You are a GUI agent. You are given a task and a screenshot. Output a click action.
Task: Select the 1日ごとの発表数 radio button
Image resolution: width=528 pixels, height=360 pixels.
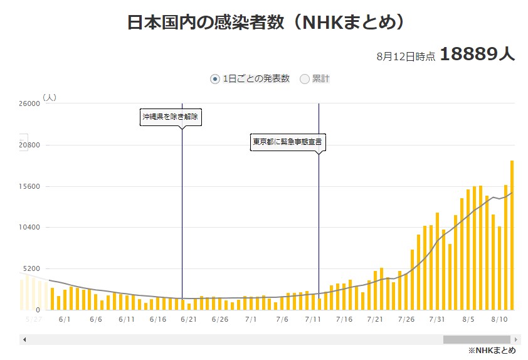click(215, 79)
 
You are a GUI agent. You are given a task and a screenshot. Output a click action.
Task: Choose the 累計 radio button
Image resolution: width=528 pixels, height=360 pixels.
click(305, 79)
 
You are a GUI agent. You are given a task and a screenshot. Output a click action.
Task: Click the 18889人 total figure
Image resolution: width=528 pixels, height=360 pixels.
click(477, 54)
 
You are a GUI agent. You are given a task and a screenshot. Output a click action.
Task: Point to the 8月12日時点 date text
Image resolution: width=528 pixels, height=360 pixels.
click(406, 56)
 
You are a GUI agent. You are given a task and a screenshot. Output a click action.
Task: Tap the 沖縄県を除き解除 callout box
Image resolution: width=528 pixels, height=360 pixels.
click(171, 117)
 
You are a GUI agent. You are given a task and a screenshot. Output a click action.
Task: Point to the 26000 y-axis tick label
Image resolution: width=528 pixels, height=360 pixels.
click(29, 104)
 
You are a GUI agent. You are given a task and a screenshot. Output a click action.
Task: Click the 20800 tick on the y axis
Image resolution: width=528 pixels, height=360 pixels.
click(29, 146)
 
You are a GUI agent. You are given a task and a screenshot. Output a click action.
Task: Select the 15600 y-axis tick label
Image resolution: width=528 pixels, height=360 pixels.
click(29, 187)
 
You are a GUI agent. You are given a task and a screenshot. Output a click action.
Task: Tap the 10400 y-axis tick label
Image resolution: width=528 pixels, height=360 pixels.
click(29, 228)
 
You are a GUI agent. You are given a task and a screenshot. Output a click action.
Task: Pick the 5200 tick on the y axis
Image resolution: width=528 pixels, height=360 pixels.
click(31, 268)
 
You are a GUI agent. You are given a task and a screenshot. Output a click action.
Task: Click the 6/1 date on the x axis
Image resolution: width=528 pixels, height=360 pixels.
click(64, 319)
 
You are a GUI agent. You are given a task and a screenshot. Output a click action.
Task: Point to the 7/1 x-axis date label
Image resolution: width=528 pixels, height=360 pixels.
click(251, 319)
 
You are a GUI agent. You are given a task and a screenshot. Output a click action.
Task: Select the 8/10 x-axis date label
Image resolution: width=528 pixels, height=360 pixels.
click(499, 319)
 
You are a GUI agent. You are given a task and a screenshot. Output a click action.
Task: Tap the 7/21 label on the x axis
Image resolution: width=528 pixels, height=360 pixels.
click(375, 319)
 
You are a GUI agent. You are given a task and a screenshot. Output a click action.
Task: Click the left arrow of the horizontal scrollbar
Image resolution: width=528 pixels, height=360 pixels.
click(24, 339)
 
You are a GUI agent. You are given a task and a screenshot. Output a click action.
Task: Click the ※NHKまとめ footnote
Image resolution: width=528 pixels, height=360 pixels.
click(492, 351)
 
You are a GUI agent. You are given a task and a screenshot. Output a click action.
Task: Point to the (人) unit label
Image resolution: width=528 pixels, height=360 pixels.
click(50, 97)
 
